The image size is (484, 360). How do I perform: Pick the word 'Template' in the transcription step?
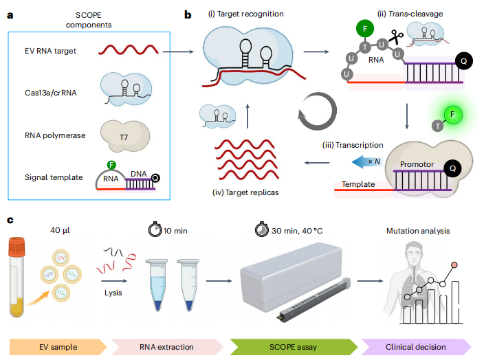(x=357, y=184)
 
